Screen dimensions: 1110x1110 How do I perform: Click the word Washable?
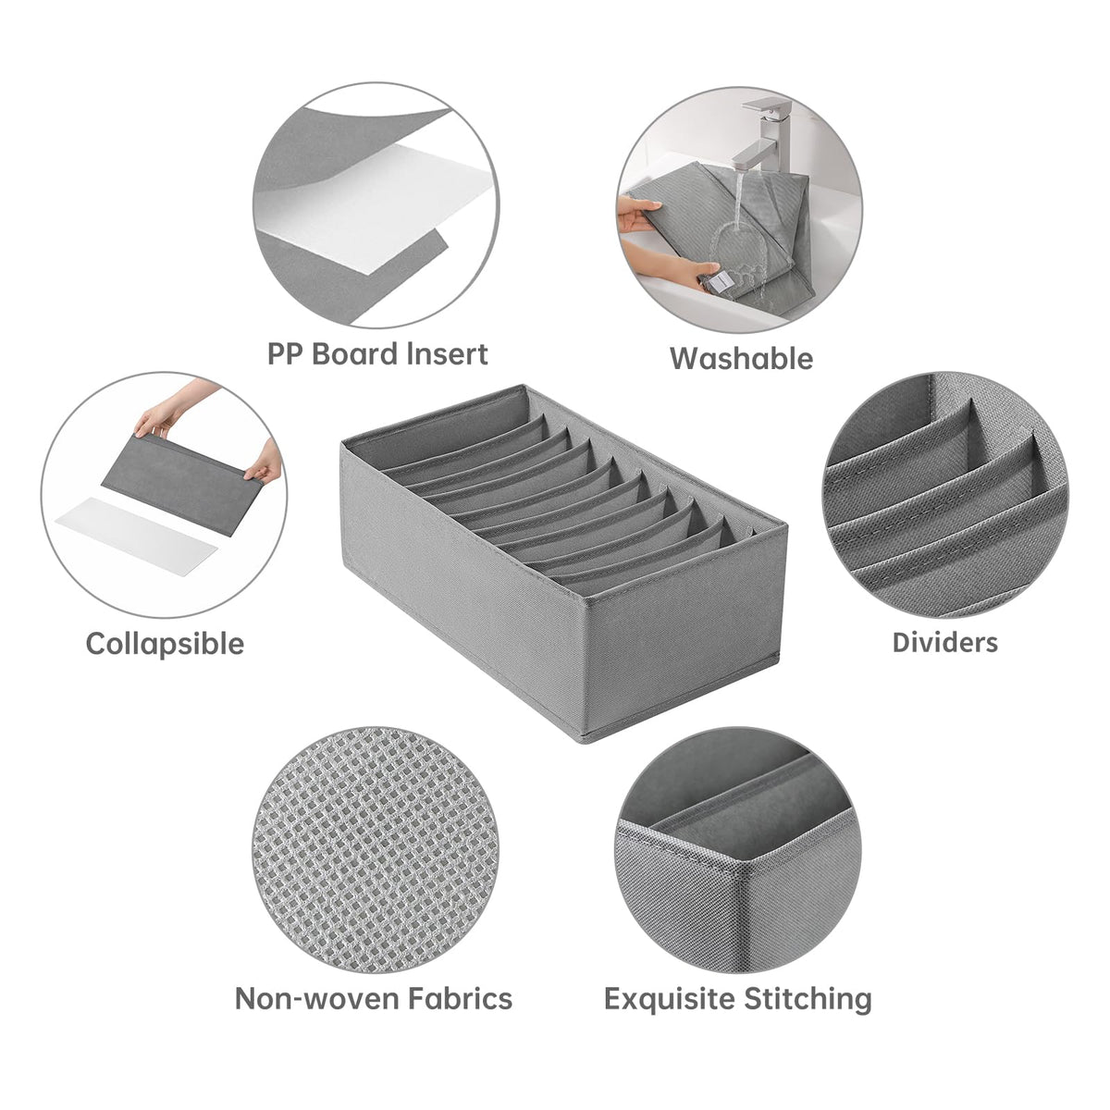tap(741, 359)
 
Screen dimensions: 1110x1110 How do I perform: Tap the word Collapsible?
tap(165, 645)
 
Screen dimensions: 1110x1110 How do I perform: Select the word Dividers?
tap(944, 643)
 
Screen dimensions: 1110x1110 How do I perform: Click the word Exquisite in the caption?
tap(670, 999)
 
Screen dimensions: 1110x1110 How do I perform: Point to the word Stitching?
tap(808, 999)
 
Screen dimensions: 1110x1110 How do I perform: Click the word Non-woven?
tap(317, 999)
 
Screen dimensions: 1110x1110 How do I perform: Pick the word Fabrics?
tap(460, 999)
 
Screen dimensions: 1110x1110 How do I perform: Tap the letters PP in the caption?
tap(286, 353)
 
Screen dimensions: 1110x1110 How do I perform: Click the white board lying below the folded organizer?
tap(137, 537)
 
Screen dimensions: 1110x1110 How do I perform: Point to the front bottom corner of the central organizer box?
tap(584, 739)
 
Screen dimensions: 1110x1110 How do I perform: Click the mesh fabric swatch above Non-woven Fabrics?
tap(376, 850)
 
